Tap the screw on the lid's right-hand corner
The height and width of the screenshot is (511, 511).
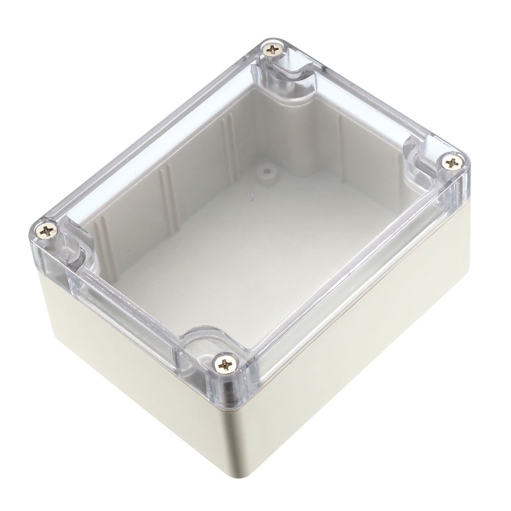coord(451,162)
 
